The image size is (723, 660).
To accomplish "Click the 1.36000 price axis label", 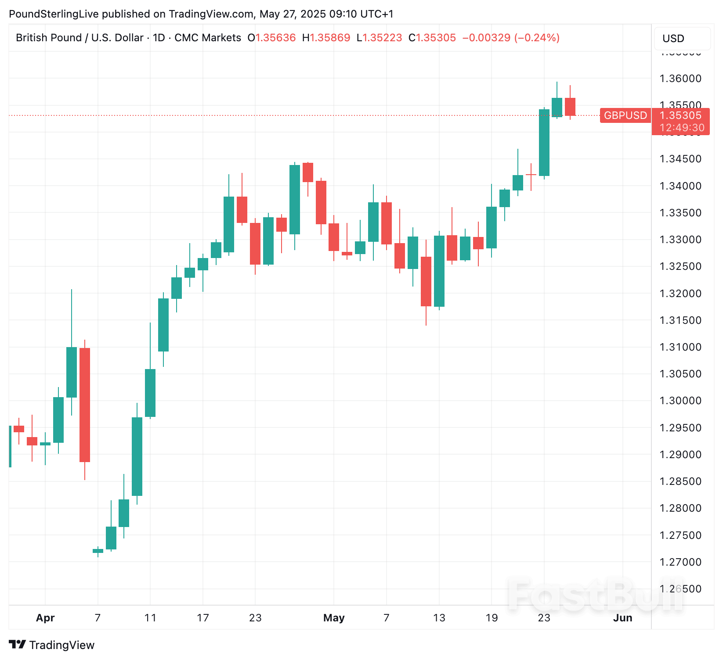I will pyautogui.click(x=680, y=79).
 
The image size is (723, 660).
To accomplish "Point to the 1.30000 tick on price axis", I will pyautogui.click(x=680, y=401).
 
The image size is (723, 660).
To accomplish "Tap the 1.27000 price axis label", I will pyautogui.click(x=680, y=562).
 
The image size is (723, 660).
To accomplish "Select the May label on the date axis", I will pyautogui.click(x=334, y=618).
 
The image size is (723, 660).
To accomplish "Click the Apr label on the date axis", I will pyautogui.click(x=45, y=618).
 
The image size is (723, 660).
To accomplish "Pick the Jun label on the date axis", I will pyautogui.click(x=622, y=618).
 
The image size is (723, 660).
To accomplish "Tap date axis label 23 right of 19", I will pyautogui.click(x=544, y=618).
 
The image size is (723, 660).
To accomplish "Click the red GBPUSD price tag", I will pyautogui.click(x=625, y=115).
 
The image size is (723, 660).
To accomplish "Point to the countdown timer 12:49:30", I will pyautogui.click(x=682, y=128).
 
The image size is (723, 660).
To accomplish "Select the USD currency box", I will pyautogui.click(x=682, y=39).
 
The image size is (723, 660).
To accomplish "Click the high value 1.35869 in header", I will pyautogui.click(x=330, y=38).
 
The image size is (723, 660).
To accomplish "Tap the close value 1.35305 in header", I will pyautogui.click(x=436, y=38).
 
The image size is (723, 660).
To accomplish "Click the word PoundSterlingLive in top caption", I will pyautogui.click(x=54, y=14).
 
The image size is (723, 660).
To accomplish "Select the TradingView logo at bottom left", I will pyautogui.click(x=52, y=645).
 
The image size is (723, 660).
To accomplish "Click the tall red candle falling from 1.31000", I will pyautogui.click(x=85, y=405).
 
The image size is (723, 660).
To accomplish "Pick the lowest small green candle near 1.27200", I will pyautogui.click(x=98, y=551).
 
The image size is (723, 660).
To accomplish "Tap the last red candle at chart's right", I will pyautogui.click(x=570, y=107).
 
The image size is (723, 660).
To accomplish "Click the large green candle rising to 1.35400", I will pyautogui.click(x=544, y=143).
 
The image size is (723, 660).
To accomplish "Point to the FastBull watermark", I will pyautogui.click(x=595, y=595).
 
